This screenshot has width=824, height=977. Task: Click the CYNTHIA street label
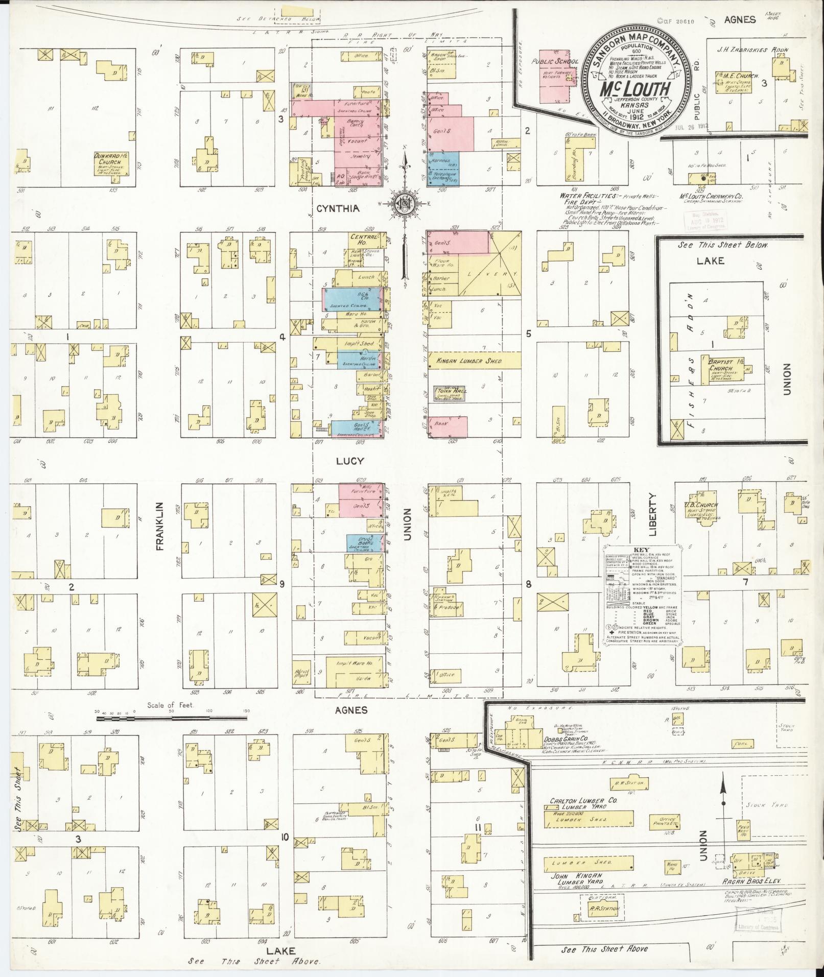pos(338,208)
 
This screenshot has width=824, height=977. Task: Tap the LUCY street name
pos(350,461)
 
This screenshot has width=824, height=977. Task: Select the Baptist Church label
pos(720,365)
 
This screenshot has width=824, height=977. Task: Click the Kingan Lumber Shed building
pos(469,361)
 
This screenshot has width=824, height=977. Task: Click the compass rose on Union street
pos(405,204)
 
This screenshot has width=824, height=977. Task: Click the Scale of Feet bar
pos(172,718)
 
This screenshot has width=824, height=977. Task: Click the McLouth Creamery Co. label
pos(710,196)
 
